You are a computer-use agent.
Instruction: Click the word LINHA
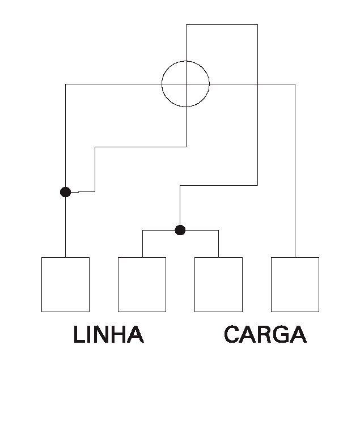pyautogui.click(x=108, y=334)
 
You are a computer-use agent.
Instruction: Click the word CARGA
pyautogui.click(x=265, y=334)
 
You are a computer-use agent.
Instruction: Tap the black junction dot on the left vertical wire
pyautogui.click(x=66, y=192)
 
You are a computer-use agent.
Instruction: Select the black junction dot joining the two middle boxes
pyautogui.click(x=180, y=230)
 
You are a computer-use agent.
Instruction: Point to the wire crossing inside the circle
pyautogui.click(x=187, y=84)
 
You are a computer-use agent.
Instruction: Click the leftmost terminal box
pyautogui.click(x=66, y=284)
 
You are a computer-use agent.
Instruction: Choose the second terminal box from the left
pyautogui.click(x=142, y=284)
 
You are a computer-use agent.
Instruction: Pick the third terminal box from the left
pyautogui.click(x=219, y=284)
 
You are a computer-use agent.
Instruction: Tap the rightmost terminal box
pyautogui.click(x=295, y=284)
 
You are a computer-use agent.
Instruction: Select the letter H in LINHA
pyautogui.click(x=119, y=334)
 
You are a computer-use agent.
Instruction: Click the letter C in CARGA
pyautogui.click(x=232, y=334)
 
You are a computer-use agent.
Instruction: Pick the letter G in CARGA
pyautogui.click(x=281, y=334)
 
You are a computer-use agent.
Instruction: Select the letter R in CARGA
pyautogui.click(x=264, y=334)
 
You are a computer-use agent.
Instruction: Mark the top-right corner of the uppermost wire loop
pyautogui.click(x=257, y=25)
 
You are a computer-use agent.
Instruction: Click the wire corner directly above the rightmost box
pyautogui.click(x=295, y=84)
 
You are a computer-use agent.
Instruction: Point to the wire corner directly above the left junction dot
pyautogui.click(x=66, y=84)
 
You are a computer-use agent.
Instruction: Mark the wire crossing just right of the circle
pyautogui.click(x=257, y=84)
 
